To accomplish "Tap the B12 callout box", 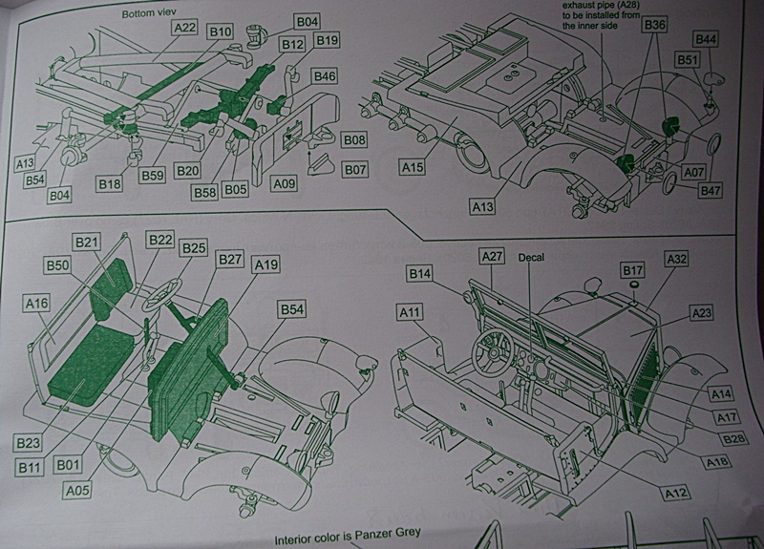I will [291, 44].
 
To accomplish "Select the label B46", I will [325, 75].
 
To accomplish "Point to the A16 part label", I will [36, 303].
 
